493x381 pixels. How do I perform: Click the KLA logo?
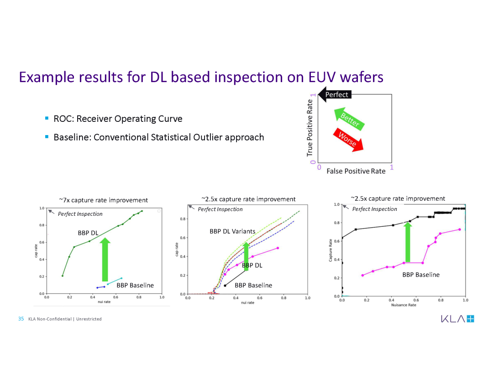point(457,319)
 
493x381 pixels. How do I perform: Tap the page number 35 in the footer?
point(21,319)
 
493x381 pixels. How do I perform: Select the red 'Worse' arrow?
point(348,140)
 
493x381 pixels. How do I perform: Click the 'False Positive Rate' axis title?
point(356,171)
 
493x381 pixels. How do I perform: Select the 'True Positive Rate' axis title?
point(309,128)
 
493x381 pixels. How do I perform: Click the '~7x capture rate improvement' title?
point(104,200)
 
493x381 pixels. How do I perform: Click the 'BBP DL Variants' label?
point(232,231)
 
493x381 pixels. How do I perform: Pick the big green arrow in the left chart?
point(105,259)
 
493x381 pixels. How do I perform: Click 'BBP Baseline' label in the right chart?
point(421,275)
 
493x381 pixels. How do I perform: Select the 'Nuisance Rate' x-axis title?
point(404,305)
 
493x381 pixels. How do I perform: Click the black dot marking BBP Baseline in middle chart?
point(225,286)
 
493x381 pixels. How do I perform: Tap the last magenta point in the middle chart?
point(278,248)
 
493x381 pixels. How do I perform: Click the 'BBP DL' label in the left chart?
point(88,233)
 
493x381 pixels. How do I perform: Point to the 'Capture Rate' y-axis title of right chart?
point(330,250)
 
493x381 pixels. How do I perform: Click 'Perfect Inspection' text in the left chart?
point(80,214)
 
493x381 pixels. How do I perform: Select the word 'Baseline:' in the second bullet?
point(72,137)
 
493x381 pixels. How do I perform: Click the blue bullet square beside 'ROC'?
point(47,118)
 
